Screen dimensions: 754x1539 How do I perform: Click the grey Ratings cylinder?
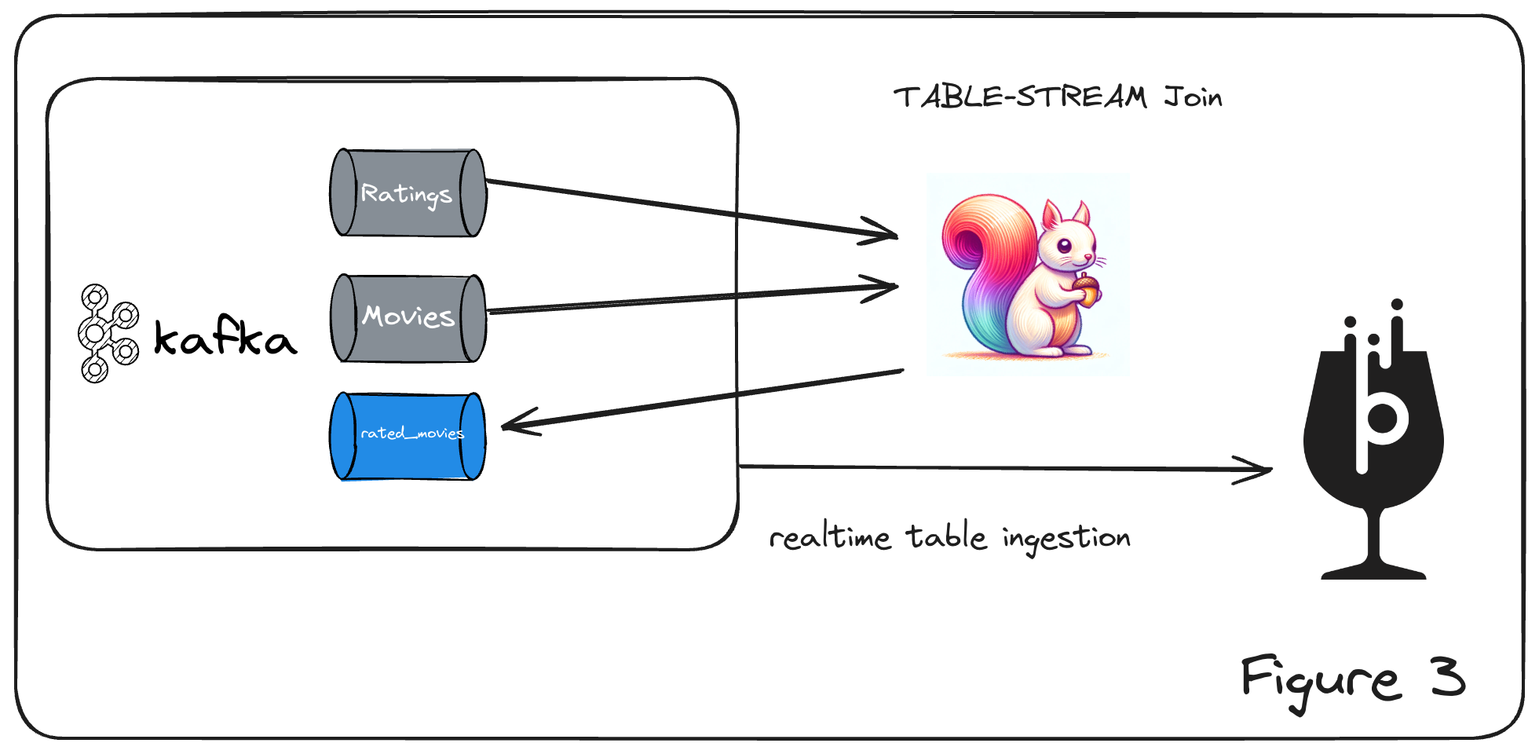pos(408,192)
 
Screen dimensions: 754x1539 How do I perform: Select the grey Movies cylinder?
pos(408,317)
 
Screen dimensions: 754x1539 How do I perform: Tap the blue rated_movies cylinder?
pos(408,436)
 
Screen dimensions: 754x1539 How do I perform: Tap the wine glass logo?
pos(1373,440)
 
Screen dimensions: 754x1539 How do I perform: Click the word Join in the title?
pos(1193,97)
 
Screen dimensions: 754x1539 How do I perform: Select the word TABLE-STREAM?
pos(1020,97)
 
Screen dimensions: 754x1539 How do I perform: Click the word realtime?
pos(829,538)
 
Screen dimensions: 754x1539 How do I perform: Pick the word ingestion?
pos(1066,539)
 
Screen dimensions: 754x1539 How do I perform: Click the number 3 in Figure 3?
pos(1447,677)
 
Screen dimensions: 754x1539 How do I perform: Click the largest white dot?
pos(95,334)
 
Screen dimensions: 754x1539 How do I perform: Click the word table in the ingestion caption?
pos(946,537)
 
